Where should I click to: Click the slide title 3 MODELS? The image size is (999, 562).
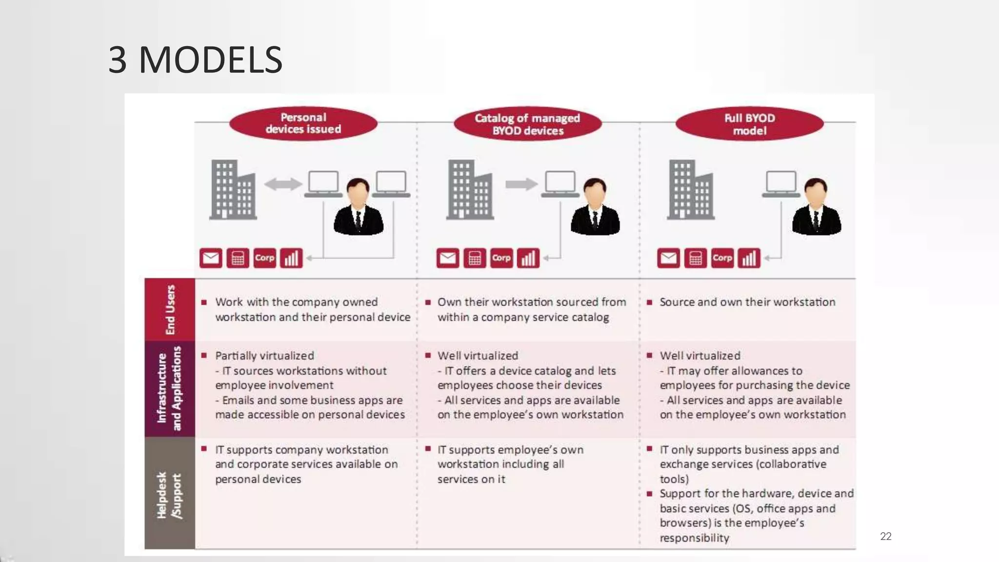pos(195,60)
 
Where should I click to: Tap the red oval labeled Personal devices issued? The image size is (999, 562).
pos(303,123)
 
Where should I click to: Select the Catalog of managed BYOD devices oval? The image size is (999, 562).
pos(527,124)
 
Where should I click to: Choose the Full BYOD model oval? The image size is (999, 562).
pos(749,124)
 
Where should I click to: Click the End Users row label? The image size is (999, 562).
pos(170,309)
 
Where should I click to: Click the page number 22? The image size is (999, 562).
pos(885,536)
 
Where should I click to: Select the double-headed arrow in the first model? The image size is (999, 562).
pos(283,184)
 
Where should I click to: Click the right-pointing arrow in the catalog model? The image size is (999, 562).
pos(521,184)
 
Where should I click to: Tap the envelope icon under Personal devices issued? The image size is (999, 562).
pos(211,258)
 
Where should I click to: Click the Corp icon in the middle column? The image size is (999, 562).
pos(501,258)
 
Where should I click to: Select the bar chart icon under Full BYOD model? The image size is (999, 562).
pos(749,258)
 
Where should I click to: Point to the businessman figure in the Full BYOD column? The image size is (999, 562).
pos(816,207)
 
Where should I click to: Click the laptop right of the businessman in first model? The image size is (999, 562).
pos(391,184)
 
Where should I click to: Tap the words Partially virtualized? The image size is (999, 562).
pos(264,356)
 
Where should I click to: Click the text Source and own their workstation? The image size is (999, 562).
pos(747,302)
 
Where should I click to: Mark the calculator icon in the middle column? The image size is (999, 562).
pos(475,258)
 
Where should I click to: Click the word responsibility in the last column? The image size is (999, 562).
pos(694,538)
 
